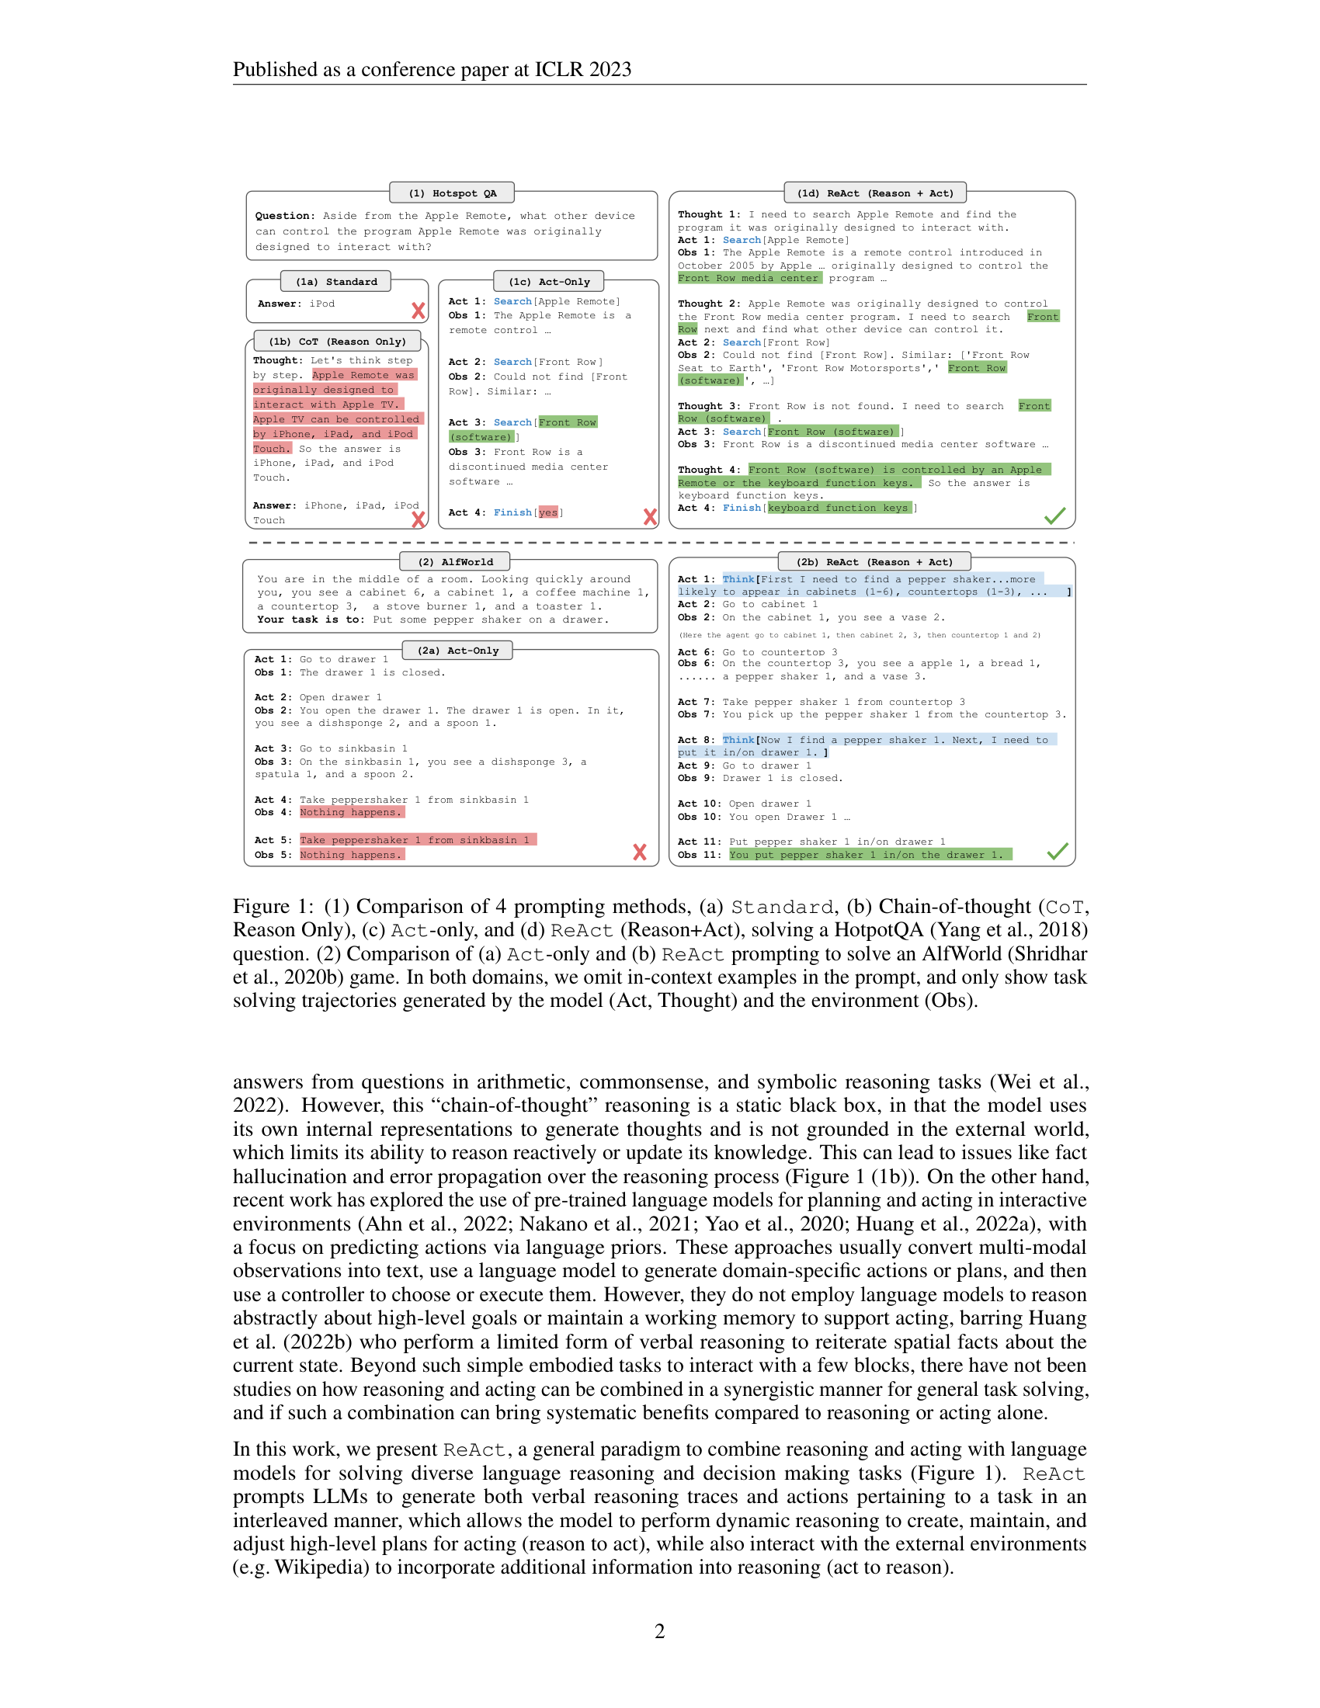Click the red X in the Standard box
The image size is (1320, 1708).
[419, 311]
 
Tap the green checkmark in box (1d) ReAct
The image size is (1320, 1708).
[1055, 516]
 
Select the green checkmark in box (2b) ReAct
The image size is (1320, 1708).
[1058, 852]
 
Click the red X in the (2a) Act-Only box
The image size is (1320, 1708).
[640, 852]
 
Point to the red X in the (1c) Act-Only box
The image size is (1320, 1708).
[650, 516]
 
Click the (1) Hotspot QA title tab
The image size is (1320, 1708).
[452, 193]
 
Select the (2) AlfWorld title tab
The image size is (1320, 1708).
[455, 561]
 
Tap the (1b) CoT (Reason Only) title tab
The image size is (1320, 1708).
[337, 342]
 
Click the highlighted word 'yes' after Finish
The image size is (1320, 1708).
[548, 512]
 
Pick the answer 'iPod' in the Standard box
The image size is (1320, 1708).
[321, 304]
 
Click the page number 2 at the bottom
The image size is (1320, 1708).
[659, 1630]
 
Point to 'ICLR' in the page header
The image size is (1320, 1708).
[558, 70]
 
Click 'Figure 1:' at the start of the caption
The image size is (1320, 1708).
[272, 906]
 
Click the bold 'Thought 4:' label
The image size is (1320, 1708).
[708, 470]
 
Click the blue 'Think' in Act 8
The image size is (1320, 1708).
[738, 740]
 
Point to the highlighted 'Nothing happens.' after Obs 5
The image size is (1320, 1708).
[351, 855]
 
